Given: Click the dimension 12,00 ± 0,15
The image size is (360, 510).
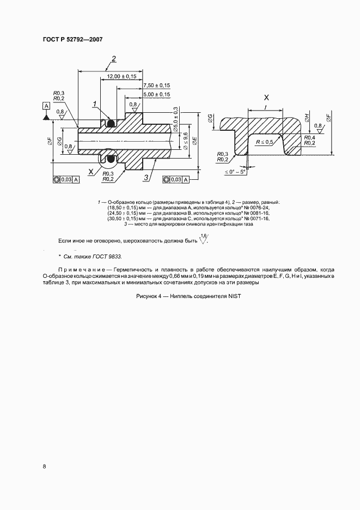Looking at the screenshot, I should click(121, 76).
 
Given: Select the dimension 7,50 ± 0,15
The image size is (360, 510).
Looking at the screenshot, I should click(157, 86).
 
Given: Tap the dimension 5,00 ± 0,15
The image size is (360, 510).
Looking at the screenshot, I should click(157, 95).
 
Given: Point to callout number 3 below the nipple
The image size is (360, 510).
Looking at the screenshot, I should click(145, 178).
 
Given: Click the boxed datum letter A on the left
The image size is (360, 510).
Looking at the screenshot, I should click(46, 106).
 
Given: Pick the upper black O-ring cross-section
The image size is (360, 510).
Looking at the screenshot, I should click(111, 124).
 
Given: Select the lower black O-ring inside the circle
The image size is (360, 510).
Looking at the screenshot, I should click(111, 160).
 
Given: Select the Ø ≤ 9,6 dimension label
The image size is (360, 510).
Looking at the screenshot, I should click(185, 142).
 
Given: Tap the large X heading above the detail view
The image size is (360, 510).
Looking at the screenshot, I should click(266, 98).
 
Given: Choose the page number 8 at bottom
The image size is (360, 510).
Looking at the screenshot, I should click(44, 466).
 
